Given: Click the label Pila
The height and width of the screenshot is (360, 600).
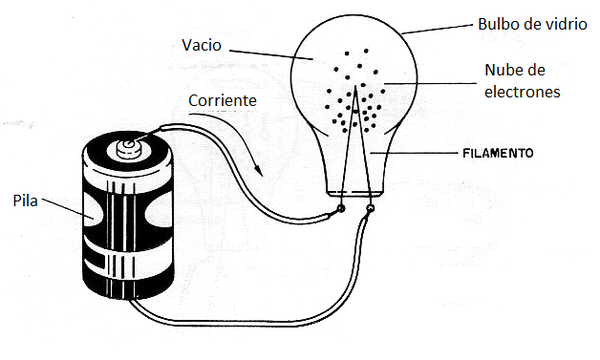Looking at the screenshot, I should pyautogui.click(x=27, y=201).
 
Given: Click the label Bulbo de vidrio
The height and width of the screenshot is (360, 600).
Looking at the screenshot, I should pyautogui.click(x=531, y=23).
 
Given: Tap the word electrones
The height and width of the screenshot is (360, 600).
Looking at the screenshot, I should pyautogui.click(x=521, y=93).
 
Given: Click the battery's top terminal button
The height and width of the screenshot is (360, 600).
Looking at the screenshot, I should pyautogui.click(x=125, y=147).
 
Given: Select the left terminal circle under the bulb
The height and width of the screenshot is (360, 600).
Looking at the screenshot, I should pyautogui.click(x=342, y=208).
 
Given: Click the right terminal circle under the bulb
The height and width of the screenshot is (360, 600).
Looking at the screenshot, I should pyautogui.click(x=371, y=207).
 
